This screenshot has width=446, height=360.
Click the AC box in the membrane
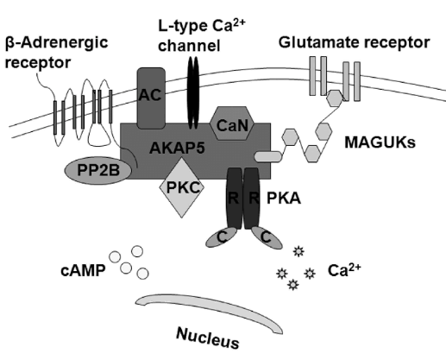(151, 98)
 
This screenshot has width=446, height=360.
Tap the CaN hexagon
(232, 123)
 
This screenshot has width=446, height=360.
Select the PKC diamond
(182, 187)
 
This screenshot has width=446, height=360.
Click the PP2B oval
(98, 171)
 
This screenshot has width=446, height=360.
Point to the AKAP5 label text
(177, 148)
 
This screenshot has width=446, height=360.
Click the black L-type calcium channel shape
(193, 92)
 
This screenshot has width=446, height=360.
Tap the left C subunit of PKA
(222, 237)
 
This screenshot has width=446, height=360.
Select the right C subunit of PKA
(267, 237)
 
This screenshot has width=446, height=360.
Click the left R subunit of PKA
(235, 199)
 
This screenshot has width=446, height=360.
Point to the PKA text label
(284, 199)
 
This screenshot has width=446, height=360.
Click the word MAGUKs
(380, 142)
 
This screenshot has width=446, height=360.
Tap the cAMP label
(83, 270)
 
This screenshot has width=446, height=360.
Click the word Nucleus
(208, 338)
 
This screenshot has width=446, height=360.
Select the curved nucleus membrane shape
(210, 310)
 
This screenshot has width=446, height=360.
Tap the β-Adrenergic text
(57, 42)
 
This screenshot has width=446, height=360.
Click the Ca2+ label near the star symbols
(344, 270)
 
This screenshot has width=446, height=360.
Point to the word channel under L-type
(189, 46)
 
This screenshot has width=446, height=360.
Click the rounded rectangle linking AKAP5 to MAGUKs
(268, 157)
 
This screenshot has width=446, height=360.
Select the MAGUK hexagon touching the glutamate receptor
(335, 98)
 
